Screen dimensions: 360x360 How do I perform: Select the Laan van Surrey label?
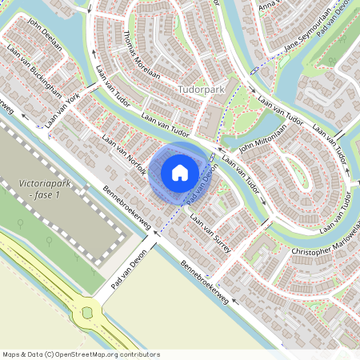[x=210, y=233]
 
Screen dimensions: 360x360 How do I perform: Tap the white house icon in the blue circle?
[x=180, y=172]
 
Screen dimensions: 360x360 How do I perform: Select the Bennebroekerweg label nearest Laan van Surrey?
[x=205, y=282]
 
